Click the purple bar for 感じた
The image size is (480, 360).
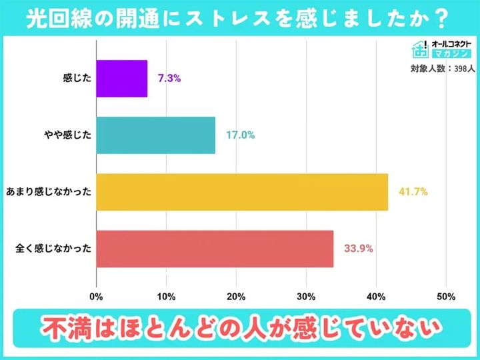tap(122, 78)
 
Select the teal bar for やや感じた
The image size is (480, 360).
tap(156, 135)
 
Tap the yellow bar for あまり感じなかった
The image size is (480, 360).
tap(242, 192)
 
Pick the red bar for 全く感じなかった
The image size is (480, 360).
tap(215, 249)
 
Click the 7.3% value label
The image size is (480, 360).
tap(169, 78)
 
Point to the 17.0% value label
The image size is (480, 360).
tap(241, 135)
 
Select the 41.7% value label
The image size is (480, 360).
tap(413, 192)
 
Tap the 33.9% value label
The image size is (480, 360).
tap(359, 249)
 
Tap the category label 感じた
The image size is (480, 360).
tap(75, 78)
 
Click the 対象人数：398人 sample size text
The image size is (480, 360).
tap(441, 68)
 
